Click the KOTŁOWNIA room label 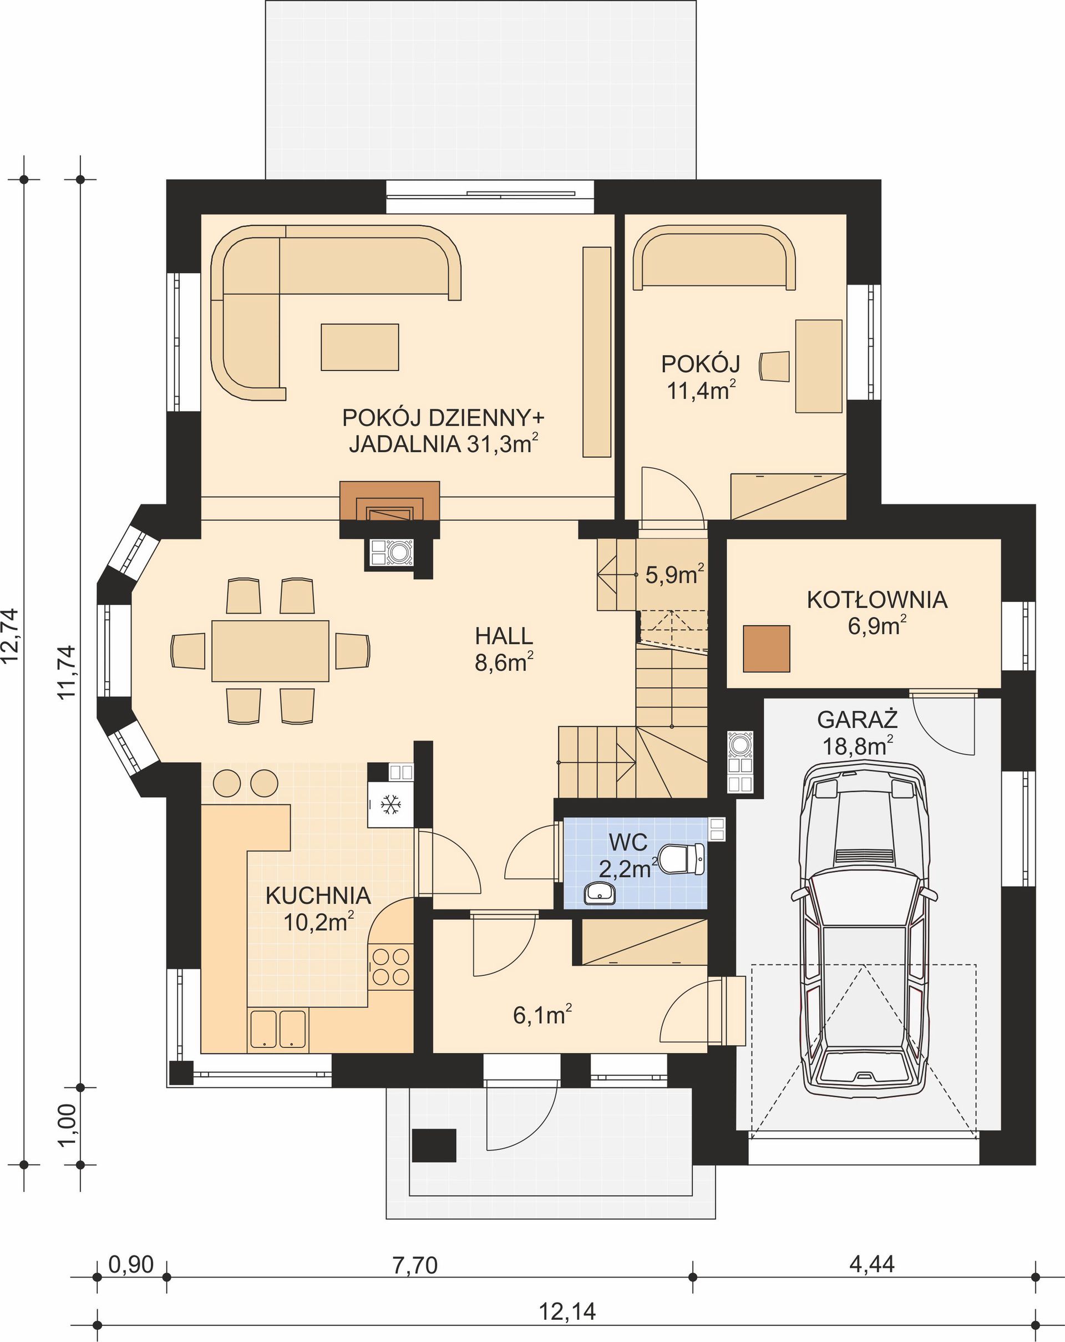click(877, 599)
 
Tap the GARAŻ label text click(857, 720)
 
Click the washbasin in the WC click(600, 893)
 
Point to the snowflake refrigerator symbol click(390, 805)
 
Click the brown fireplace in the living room click(389, 501)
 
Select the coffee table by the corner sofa click(360, 347)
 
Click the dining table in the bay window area click(270, 650)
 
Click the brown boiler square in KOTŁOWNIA click(766, 649)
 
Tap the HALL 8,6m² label click(504, 649)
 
